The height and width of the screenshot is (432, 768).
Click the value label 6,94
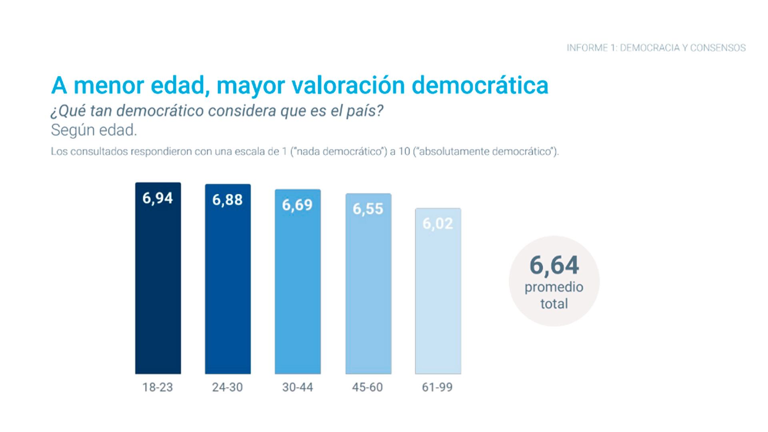click(158, 198)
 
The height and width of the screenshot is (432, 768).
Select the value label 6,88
click(227, 200)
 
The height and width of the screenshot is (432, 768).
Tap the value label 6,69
click(297, 205)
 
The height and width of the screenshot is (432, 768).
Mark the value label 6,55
click(368, 209)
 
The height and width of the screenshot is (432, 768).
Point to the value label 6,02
click(438, 224)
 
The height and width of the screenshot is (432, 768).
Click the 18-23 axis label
click(158, 387)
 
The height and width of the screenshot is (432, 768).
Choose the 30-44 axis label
click(298, 387)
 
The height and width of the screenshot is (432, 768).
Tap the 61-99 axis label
click(437, 387)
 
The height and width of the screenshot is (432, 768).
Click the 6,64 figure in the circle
click(554, 265)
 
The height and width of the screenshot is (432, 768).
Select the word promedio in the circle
click(554, 287)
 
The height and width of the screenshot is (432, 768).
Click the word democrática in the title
click(480, 85)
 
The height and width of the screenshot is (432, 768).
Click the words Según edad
click(94, 130)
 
